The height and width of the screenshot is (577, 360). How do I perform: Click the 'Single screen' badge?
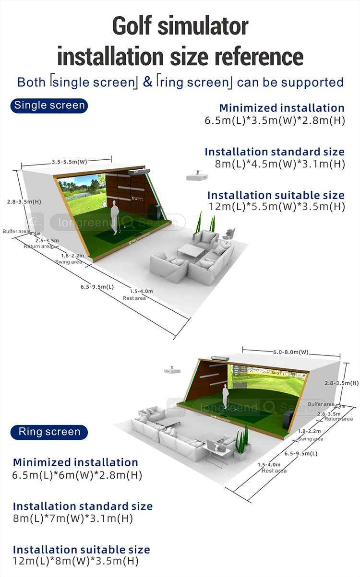click(49, 106)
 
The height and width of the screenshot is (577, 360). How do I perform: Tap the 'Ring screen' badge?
click(49, 432)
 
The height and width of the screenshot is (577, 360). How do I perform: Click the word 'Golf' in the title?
click(139, 26)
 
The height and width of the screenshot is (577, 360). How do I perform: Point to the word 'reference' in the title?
click(258, 56)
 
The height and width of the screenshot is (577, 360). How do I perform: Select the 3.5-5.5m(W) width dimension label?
click(70, 162)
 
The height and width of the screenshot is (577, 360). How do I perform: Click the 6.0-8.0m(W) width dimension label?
click(291, 352)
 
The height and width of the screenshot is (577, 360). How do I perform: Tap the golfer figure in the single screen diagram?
click(114, 218)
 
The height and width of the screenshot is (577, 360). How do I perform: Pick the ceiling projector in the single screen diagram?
click(197, 176)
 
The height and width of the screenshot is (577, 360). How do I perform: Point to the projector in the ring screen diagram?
click(171, 371)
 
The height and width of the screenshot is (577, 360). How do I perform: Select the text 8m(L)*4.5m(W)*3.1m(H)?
click(280, 164)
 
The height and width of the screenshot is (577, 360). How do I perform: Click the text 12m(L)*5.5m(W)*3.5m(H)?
click(277, 207)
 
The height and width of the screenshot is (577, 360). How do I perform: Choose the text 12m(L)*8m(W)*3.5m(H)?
click(76, 561)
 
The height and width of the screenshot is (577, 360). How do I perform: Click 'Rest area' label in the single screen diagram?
click(134, 298)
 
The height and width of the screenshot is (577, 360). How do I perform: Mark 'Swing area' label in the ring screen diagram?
click(311, 439)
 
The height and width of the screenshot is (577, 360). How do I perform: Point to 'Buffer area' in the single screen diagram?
click(16, 231)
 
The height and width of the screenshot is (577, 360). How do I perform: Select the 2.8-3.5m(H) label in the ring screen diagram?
click(341, 383)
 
